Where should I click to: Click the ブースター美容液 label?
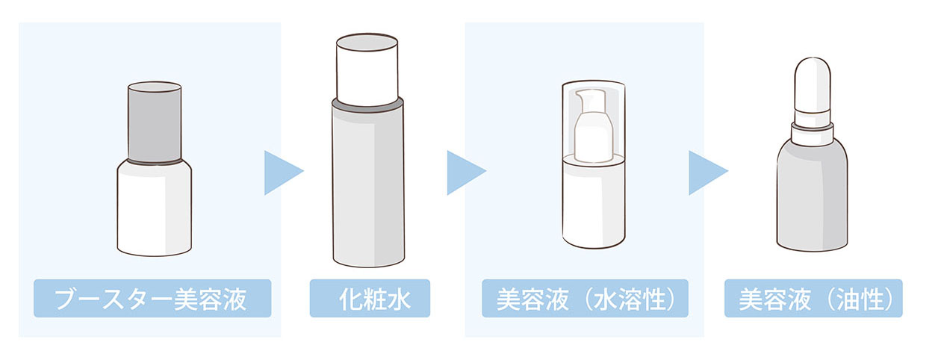[x=152, y=298]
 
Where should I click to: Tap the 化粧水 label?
[x=370, y=298]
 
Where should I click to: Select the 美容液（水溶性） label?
[x=585, y=298]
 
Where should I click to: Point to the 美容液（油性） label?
[x=813, y=298]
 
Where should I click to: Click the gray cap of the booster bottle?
[x=155, y=122]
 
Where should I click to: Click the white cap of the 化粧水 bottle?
[x=367, y=70]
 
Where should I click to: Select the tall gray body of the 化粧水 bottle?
[x=368, y=187]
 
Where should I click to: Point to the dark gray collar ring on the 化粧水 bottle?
[x=367, y=106]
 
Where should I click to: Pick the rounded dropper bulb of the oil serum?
[x=813, y=84]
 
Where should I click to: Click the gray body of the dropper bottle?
[x=812, y=197]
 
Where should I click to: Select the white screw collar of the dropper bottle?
[x=812, y=134]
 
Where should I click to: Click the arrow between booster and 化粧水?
[x=284, y=173]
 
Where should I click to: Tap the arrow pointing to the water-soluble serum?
[x=466, y=173]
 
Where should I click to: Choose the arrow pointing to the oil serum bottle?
[x=708, y=173]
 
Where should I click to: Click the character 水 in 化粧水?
[x=398, y=299]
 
